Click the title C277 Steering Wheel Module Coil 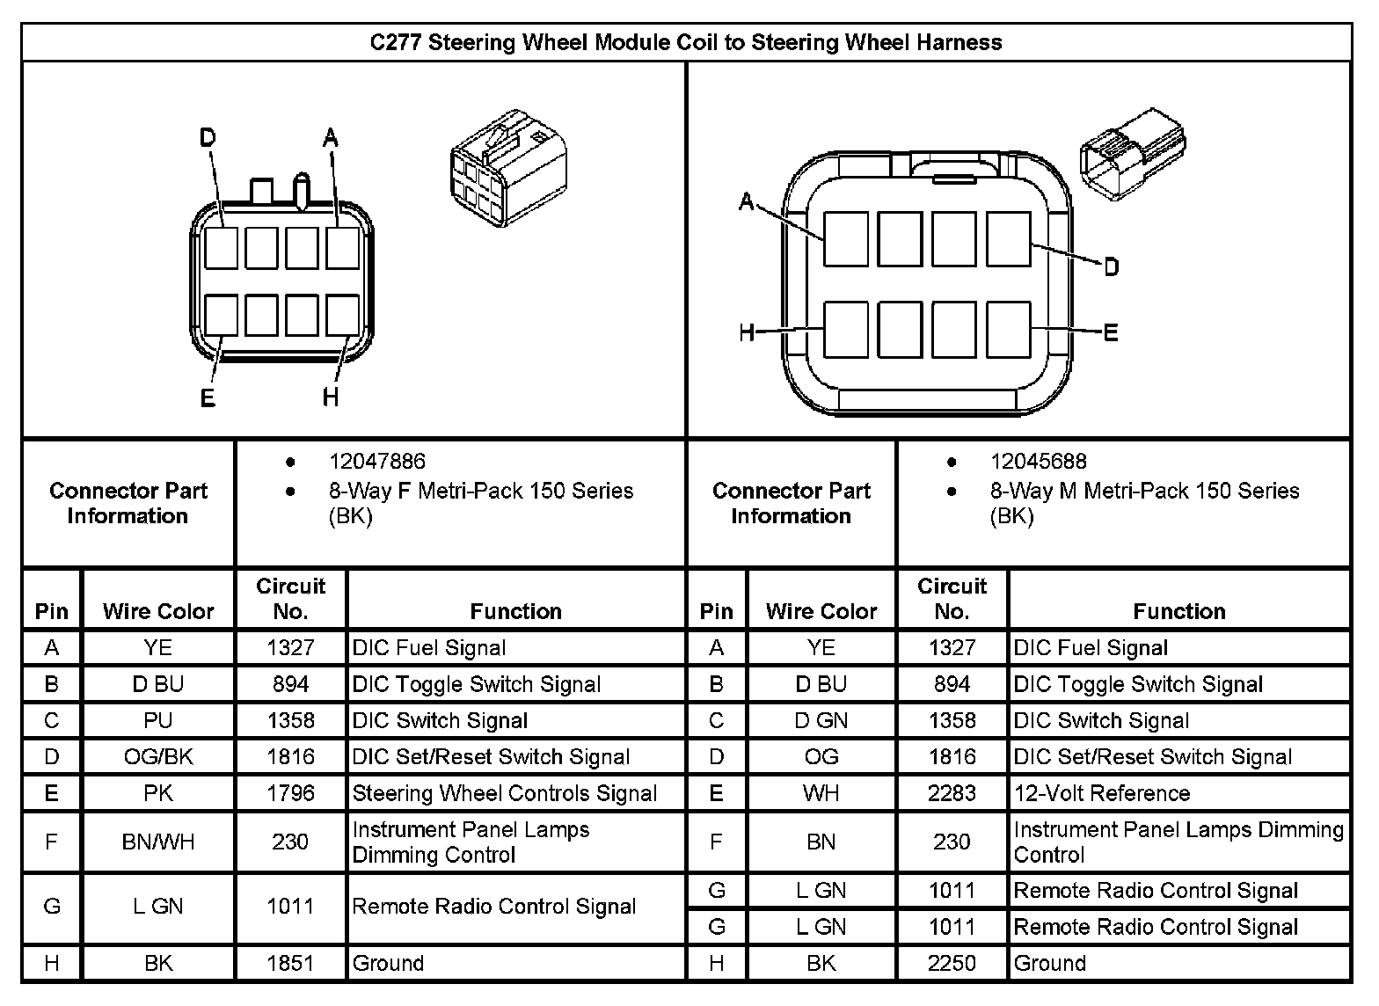[x=685, y=42]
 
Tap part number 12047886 [x=376, y=462]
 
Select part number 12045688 [x=1038, y=462]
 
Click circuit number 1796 [x=290, y=793]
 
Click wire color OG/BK [x=158, y=757]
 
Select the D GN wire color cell [x=821, y=721]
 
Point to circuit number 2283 [x=952, y=793]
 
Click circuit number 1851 [x=290, y=963]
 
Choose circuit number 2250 [x=952, y=963]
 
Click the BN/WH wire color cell [x=158, y=842]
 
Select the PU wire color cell [x=158, y=721]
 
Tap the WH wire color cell [x=821, y=793]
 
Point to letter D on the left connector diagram [x=208, y=138]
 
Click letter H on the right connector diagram [x=747, y=332]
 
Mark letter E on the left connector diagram [x=208, y=398]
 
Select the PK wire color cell [x=158, y=793]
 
